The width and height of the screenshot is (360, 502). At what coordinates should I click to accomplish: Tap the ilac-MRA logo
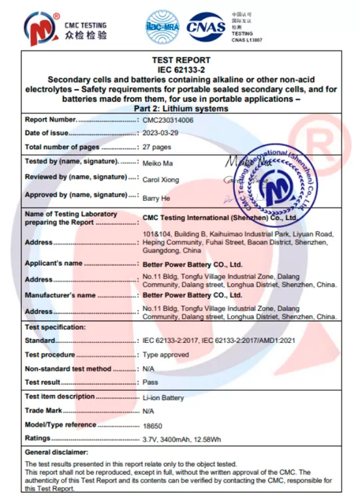[162, 27]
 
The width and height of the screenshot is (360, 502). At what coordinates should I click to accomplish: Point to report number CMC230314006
[168, 120]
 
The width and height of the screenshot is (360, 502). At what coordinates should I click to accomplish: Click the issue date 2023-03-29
[161, 134]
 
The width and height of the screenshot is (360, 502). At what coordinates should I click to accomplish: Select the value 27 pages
[156, 147]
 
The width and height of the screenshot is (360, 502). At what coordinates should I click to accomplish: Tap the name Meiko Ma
[157, 162]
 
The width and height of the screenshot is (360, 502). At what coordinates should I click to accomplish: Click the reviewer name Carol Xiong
[160, 179]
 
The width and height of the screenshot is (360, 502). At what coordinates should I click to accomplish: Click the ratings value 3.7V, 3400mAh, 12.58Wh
[181, 438]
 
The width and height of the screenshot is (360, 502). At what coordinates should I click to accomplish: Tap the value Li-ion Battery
[163, 397]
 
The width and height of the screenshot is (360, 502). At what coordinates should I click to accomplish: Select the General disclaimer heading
[56, 452]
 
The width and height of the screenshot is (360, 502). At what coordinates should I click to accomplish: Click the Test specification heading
[55, 327]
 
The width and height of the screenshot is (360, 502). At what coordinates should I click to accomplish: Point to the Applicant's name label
[54, 264]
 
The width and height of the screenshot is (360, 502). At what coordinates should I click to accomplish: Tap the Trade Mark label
[43, 410]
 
